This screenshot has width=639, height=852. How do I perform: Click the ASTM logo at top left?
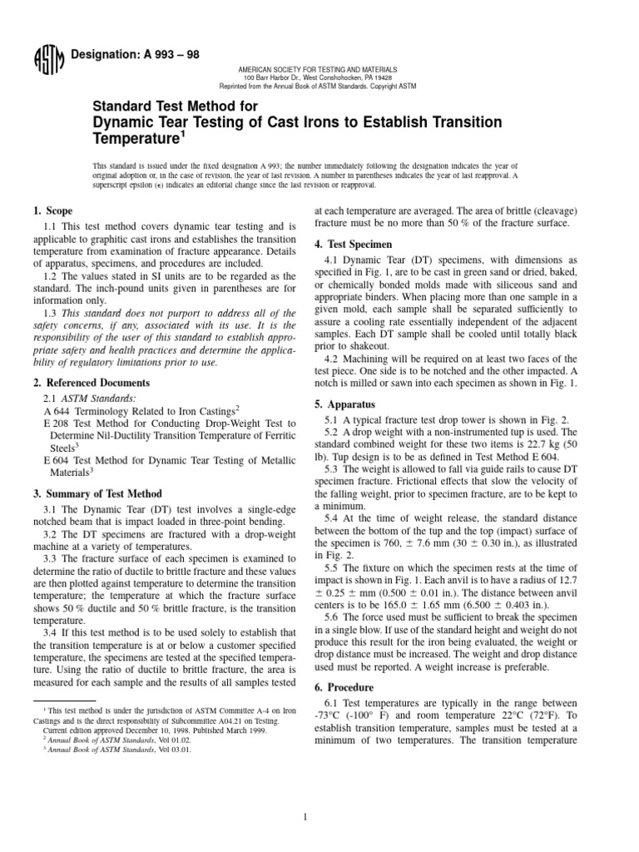pyautogui.click(x=42, y=60)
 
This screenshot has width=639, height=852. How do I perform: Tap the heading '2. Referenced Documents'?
pyautogui.click(x=81, y=383)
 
